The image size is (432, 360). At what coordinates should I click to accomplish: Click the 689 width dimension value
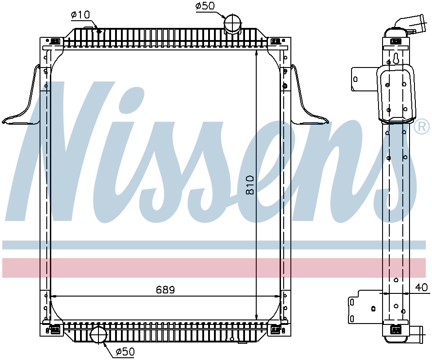(165, 290)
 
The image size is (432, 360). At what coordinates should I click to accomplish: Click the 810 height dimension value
(250, 184)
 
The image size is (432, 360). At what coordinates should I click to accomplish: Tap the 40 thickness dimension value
(421, 288)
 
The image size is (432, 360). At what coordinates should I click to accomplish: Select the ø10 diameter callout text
(80, 15)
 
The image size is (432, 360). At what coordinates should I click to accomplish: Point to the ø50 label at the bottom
(125, 352)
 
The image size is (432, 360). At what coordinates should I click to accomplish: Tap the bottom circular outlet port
(98, 335)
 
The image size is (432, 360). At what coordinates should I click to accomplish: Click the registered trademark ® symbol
(421, 127)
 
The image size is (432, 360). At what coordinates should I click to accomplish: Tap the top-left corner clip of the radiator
(55, 41)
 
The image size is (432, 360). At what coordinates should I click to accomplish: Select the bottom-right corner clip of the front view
(274, 330)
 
